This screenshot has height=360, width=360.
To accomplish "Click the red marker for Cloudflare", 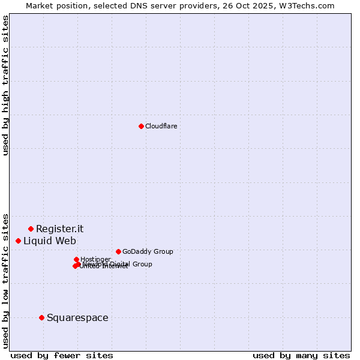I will coord(141,126).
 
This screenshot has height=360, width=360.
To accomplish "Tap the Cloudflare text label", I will coord(161,126).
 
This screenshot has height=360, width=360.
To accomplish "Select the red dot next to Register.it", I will coord(31,229).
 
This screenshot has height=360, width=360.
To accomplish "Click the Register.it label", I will coord(59,229).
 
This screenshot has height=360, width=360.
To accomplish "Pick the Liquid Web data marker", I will coord(18,241).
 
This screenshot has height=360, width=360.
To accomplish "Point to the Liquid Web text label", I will coord(50,241).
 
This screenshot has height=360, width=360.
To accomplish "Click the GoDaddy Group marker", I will coord(118,251).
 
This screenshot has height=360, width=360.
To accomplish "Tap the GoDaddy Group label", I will coord(148,251).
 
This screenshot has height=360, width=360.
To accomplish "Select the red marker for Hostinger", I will coord(76,259).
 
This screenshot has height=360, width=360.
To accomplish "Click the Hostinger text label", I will coord(95,259).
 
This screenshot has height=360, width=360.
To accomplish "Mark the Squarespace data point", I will coord(41,317).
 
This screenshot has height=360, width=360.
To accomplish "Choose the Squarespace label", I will coord(77,317).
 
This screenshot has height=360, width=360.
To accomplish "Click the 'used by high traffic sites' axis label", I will coord(5,85).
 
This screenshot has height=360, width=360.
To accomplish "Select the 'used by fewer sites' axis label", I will coord(62,355).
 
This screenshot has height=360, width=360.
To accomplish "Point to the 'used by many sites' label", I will coord(301,355).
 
